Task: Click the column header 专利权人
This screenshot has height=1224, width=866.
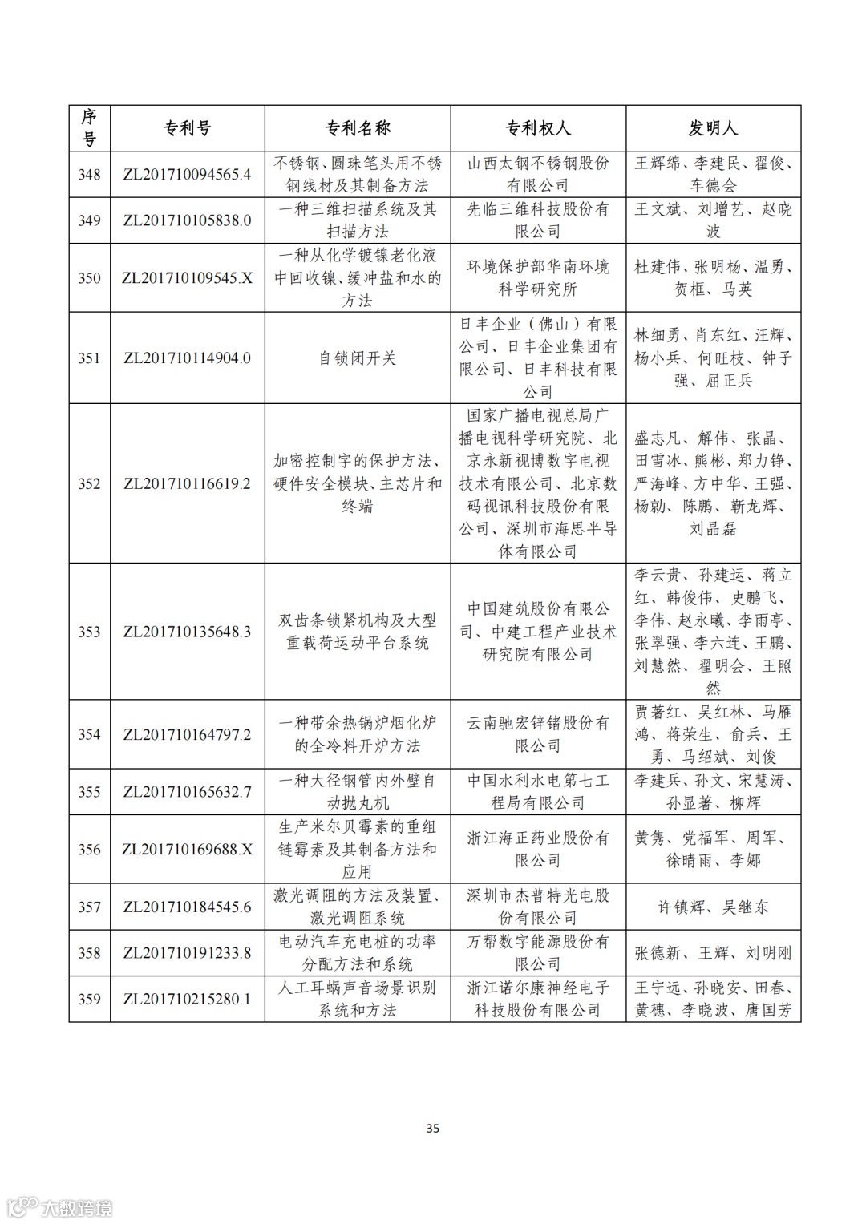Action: [x=537, y=128]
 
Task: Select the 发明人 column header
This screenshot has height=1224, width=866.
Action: [x=713, y=128]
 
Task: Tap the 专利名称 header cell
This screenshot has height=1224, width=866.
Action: [x=358, y=128]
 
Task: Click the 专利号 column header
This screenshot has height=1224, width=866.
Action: [x=187, y=128]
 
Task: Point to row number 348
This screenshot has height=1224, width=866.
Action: [x=89, y=174]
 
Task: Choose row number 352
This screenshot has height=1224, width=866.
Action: [x=89, y=483]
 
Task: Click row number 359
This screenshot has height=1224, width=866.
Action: [x=89, y=999]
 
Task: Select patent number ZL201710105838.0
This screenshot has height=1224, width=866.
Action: [x=187, y=220]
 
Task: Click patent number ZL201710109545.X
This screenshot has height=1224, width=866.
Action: [x=187, y=278]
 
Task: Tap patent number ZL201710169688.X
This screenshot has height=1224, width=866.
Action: [x=187, y=850]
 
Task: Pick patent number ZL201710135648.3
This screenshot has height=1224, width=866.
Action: [x=187, y=632]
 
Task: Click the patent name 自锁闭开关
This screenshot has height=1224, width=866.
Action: [x=358, y=358]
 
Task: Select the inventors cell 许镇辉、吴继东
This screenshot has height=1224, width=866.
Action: [x=713, y=907]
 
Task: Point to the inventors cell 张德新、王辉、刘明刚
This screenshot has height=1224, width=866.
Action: [x=713, y=953]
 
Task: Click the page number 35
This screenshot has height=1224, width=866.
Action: [x=433, y=1129]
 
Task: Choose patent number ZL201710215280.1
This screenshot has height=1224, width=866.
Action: [x=187, y=999]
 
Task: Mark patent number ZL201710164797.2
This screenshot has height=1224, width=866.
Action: [x=187, y=734]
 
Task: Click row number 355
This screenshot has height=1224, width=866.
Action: [x=89, y=792]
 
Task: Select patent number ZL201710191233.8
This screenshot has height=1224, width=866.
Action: [x=187, y=953]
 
